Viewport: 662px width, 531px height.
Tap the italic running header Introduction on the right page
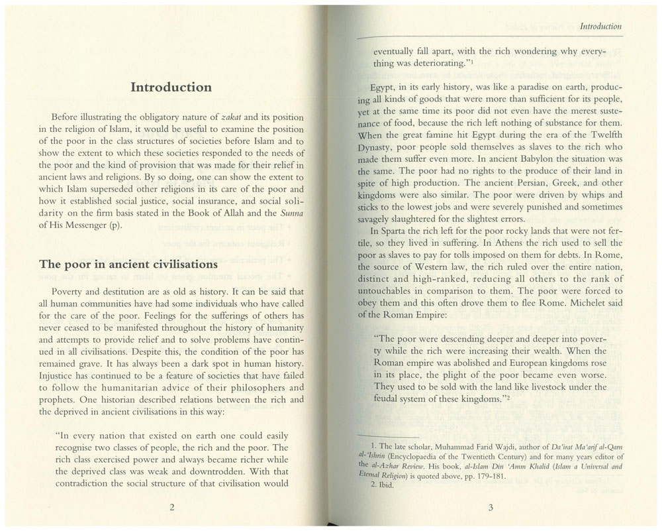pos(600,27)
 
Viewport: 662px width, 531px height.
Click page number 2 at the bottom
pos(171,508)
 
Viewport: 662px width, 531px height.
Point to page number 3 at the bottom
pos(491,508)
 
